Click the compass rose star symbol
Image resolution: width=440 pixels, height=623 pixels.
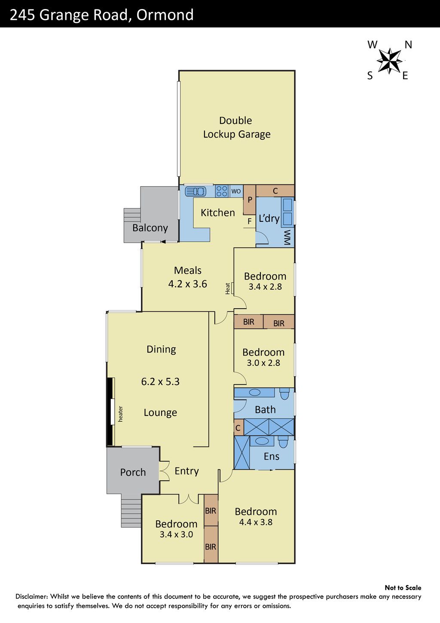(x=389, y=60)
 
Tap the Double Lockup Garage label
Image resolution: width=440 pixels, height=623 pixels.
(x=236, y=127)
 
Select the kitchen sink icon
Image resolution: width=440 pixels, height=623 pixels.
(x=196, y=191)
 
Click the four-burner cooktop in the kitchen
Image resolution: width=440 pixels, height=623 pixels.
(x=222, y=191)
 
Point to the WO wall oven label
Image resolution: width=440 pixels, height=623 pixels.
(x=236, y=191)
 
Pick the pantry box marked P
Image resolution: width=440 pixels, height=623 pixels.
(x=250, y=199)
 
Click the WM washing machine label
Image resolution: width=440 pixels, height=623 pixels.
(x=287, y=237)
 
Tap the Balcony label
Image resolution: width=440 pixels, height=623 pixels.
(x=150, y=228)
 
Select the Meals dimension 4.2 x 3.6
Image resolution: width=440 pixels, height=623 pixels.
(x=188, y=284)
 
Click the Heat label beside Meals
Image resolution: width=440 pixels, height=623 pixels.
(x=228, y=288)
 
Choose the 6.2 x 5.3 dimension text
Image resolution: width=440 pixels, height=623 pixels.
(x=160, y=382)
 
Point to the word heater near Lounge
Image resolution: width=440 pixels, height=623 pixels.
(x=120, y=414)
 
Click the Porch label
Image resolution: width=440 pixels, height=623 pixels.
(x=133, y=472)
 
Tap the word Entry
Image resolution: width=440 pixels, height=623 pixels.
(x=187, y=471)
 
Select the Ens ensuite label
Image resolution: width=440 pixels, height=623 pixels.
(x=272, y=457)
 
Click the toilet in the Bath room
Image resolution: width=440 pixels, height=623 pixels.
(x=284, y=394)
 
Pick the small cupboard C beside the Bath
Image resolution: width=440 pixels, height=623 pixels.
(x=238, y=427)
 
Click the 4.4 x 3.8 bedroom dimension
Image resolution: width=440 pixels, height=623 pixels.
(x=256, y=522)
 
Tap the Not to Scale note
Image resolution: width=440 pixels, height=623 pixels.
(x=403, y=588)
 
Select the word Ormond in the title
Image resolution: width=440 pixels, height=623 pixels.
(x=165, y=15)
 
